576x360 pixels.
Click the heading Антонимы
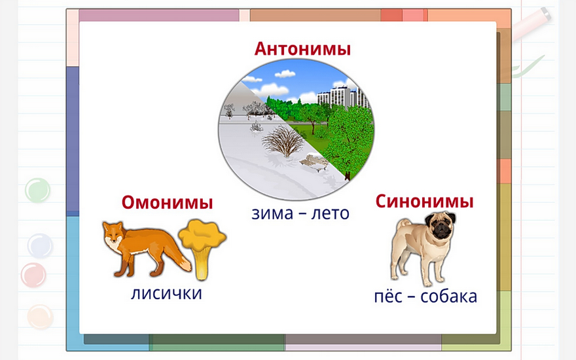point(302,49)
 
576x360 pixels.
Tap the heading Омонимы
point(167,202)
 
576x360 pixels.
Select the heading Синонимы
point(424,202)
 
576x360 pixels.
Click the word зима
point(272,213)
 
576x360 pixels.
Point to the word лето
point(330,213)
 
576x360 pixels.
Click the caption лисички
point(166,293)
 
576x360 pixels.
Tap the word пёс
point(388,296)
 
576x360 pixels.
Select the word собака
point(448,297)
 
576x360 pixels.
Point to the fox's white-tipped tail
point(182,260)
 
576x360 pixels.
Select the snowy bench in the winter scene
point(314,162)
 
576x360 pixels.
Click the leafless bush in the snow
point(283,141)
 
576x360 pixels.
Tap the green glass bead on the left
point(37,190)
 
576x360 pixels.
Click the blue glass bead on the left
point(40,245)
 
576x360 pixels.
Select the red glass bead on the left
point(33,275)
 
